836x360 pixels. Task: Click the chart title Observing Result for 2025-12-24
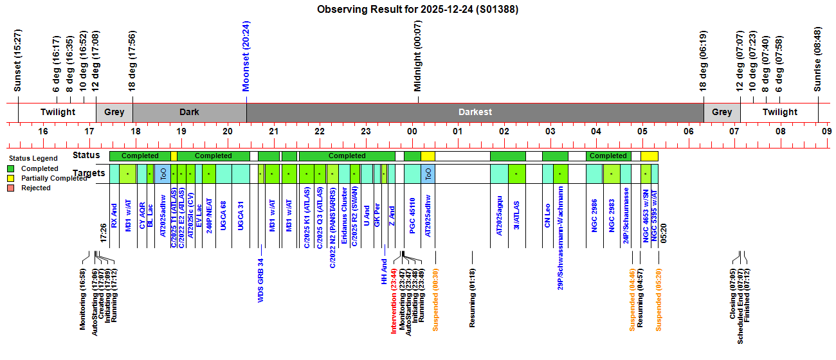pos(417,10)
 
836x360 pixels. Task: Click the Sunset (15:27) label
pos(18,60)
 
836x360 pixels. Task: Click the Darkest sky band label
pos(475,112)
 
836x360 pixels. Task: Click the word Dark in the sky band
pos(189,112)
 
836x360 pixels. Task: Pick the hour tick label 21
pos(273,132)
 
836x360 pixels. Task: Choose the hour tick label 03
pos(550,132)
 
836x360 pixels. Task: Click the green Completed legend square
pos(10,168)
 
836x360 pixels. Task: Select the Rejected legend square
pos(10,188)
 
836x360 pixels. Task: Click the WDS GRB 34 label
pos(261,281)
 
